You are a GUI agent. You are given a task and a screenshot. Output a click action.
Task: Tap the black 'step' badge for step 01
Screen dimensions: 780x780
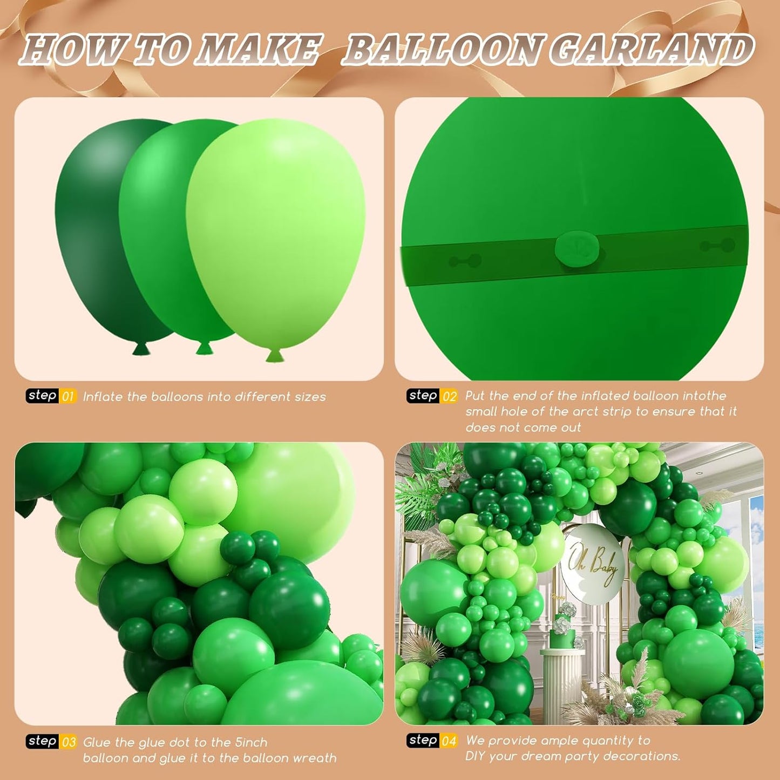coord(43,396)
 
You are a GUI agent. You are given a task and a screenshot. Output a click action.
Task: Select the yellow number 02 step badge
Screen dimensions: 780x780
coord(449,396)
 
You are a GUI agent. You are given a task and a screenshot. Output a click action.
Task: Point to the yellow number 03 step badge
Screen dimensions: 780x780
coord(69,742)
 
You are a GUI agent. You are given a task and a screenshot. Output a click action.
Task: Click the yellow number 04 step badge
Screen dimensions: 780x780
coord(449,741)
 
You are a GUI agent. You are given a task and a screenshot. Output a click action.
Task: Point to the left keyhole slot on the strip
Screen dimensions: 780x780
coord(465,261)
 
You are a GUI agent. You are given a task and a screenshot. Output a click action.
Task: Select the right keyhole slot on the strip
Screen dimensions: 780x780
coord(717,246)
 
